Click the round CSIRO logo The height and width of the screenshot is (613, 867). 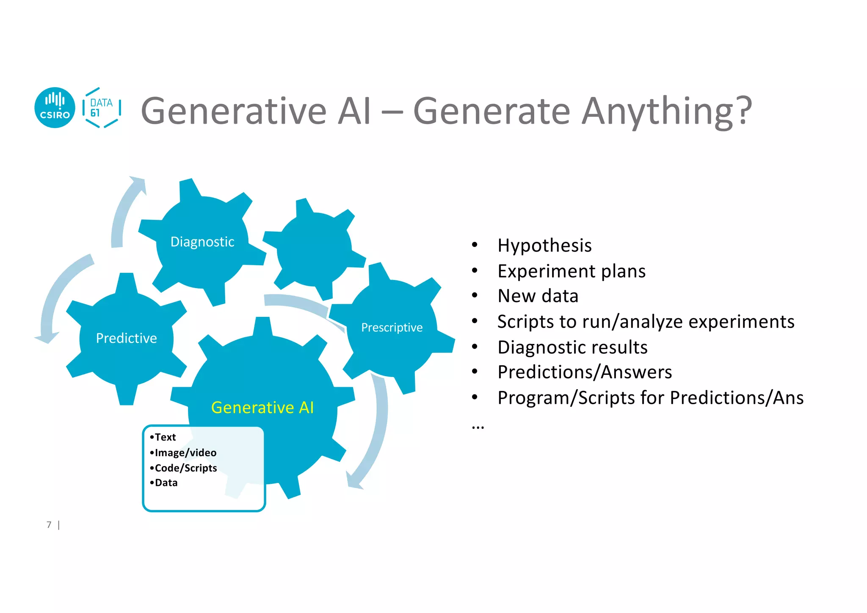tap(55, 108)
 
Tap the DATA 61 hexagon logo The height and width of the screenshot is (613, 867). tap(102, 108)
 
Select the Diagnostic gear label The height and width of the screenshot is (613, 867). tap(202, 242)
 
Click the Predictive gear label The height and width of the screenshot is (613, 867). tap(126, 338)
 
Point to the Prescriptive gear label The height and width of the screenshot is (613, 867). tap(392, 327)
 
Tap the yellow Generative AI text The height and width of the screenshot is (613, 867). tap(262, 408)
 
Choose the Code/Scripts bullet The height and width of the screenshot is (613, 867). tap(185, 468)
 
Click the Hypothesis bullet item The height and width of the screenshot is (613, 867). tap(544, 246)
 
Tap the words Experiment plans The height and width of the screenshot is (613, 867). tap(572, 271)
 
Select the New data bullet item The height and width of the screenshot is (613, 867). tap(538, 296)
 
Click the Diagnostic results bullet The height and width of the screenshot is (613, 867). tap(572, 347)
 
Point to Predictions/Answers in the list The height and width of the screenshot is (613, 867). tap(585, 372)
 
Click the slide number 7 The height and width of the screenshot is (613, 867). tap(49, 525)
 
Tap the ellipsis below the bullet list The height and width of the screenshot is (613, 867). tap(478, 427)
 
